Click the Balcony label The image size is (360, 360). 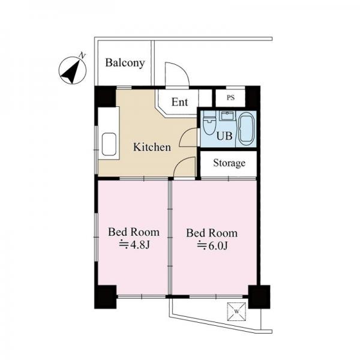point(125,63)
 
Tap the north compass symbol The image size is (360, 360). point(73,70)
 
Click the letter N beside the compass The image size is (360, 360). point(82,56)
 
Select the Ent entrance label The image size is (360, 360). point(180,102)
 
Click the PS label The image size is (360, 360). point(231,98)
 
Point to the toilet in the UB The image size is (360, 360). point(209,126)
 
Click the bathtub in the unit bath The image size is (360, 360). point(247,129)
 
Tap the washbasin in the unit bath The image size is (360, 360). point(227,116)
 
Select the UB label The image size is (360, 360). point(224,136)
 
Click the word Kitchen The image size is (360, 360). point(152,147)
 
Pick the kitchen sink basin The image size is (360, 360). point(109,145)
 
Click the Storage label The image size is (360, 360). point(229,163)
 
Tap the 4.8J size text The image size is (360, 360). point(134,245)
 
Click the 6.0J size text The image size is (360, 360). point(212,245)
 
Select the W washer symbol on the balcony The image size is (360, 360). point(236,311)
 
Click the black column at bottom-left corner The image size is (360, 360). point(106,297)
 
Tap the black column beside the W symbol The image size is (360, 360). point(259,297)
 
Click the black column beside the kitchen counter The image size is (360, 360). point(106,97)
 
